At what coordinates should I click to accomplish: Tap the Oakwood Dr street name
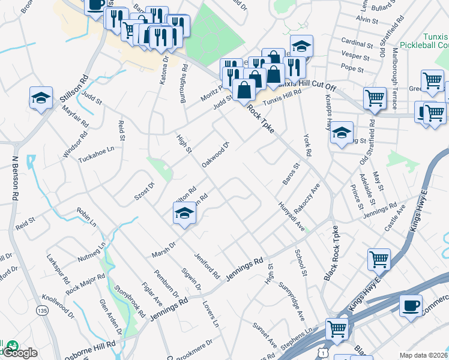click(216, 153)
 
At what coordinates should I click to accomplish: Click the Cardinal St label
click(357, 44)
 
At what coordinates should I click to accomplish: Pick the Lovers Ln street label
click(210, 313)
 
